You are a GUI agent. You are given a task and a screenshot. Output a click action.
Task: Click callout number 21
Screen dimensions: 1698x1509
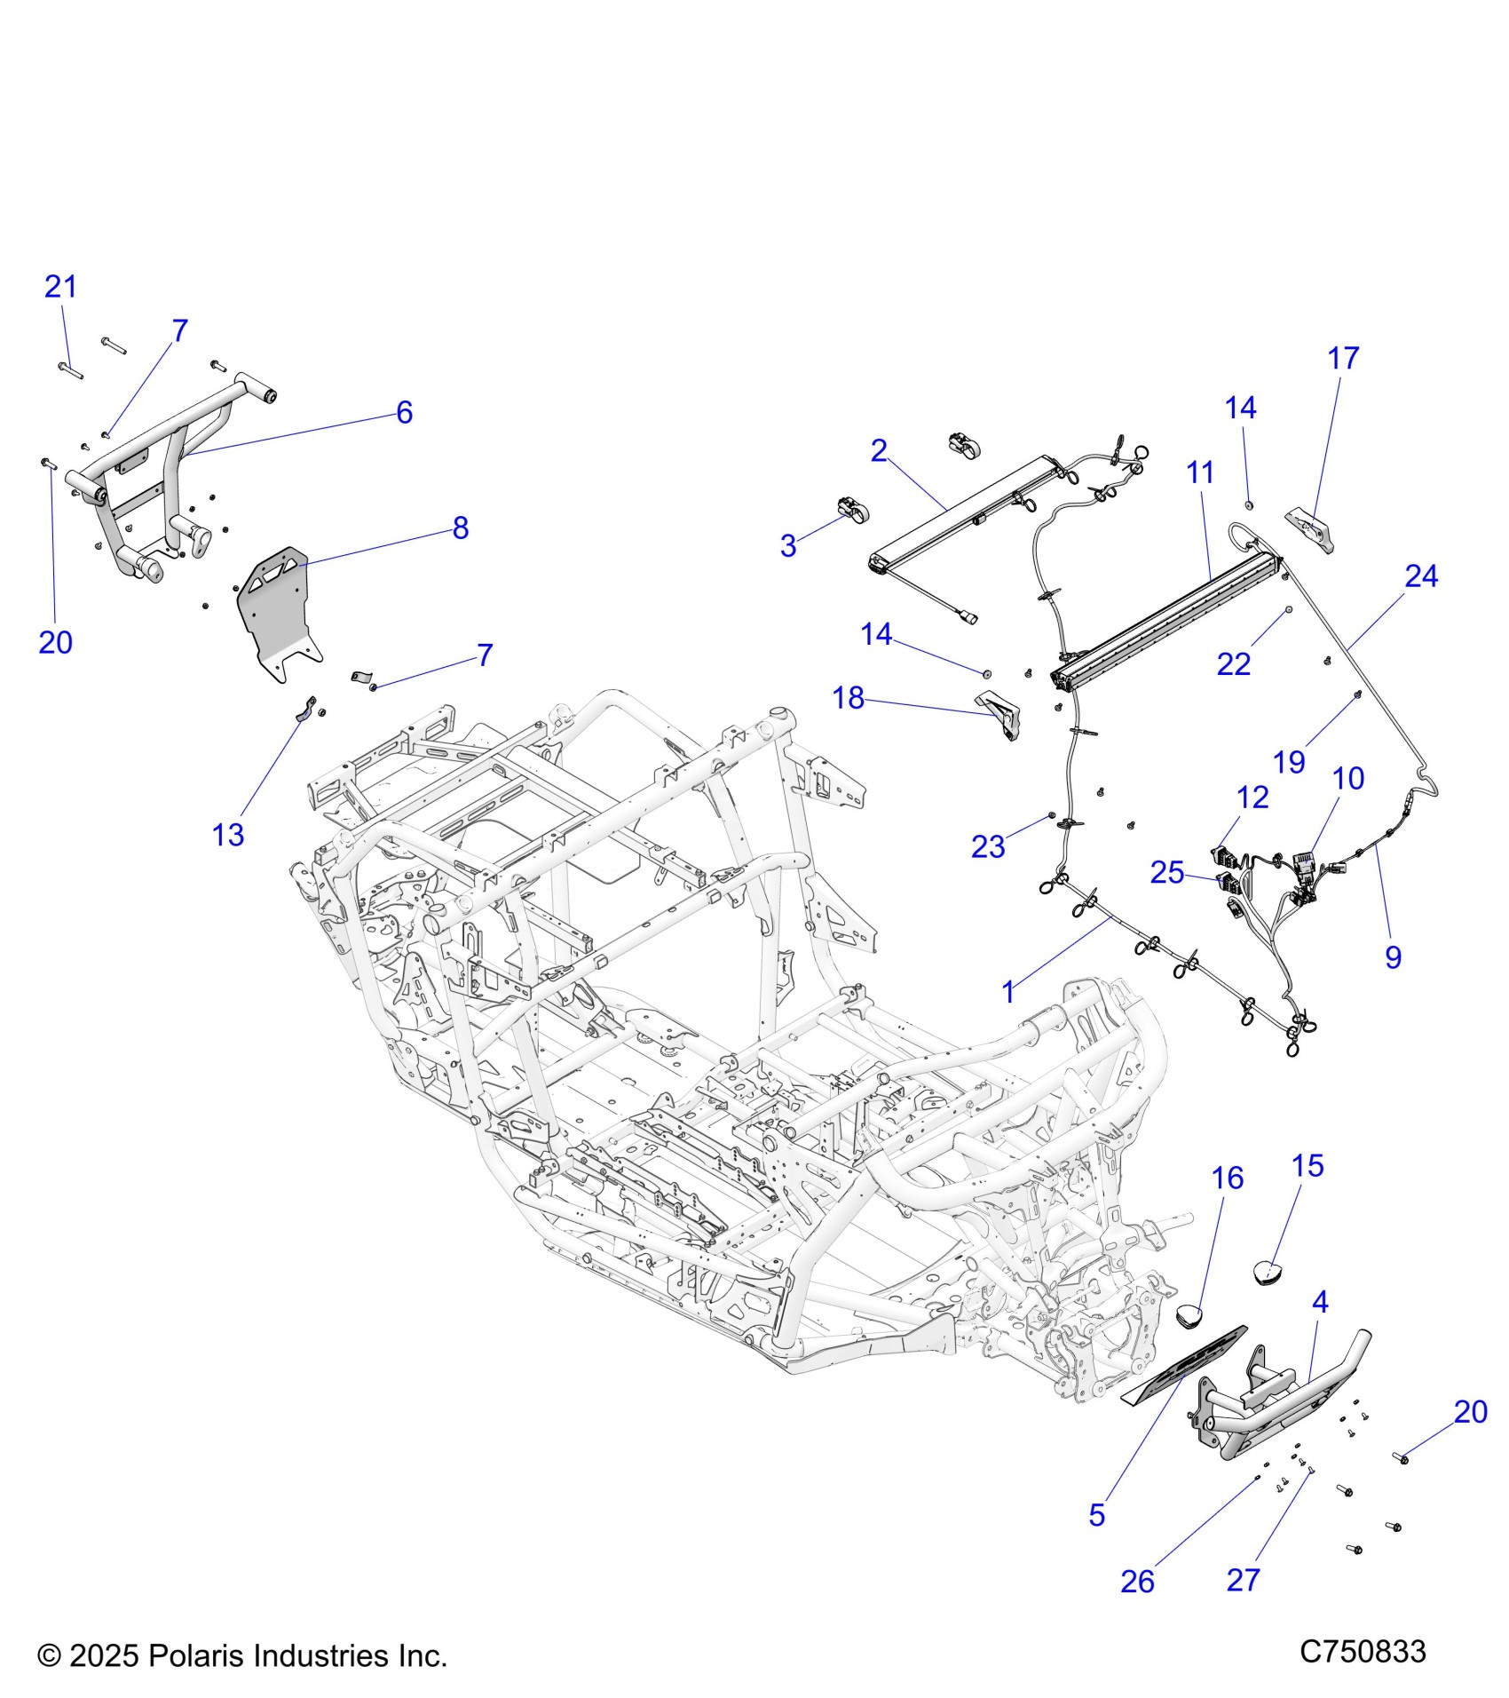coord(60,287)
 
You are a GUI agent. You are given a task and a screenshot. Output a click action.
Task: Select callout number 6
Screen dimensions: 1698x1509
coord(404,412)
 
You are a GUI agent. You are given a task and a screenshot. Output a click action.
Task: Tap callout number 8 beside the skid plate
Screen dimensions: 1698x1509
coord(460,528)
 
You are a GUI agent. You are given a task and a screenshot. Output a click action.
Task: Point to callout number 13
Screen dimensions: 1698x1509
coord(227,835)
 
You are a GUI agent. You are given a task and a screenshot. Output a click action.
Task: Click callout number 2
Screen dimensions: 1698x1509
coord(878,451)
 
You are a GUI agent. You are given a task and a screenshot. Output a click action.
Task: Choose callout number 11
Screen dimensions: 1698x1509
coord(1200,472)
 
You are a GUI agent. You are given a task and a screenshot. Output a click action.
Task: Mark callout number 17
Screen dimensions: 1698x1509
coord(1343,359)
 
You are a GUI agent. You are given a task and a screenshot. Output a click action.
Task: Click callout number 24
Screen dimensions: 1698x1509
coord(1420,576)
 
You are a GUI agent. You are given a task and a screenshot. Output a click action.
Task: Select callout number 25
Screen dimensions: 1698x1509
coord(1167,873)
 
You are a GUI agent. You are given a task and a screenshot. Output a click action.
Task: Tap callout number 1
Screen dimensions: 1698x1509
coord(1007,992)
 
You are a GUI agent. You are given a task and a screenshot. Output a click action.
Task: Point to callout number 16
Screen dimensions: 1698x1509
coord(1228,1178)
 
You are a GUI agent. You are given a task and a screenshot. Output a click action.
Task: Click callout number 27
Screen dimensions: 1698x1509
coord(1243,1580)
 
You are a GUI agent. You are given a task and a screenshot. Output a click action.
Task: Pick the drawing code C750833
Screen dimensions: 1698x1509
coord(1363,1651)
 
